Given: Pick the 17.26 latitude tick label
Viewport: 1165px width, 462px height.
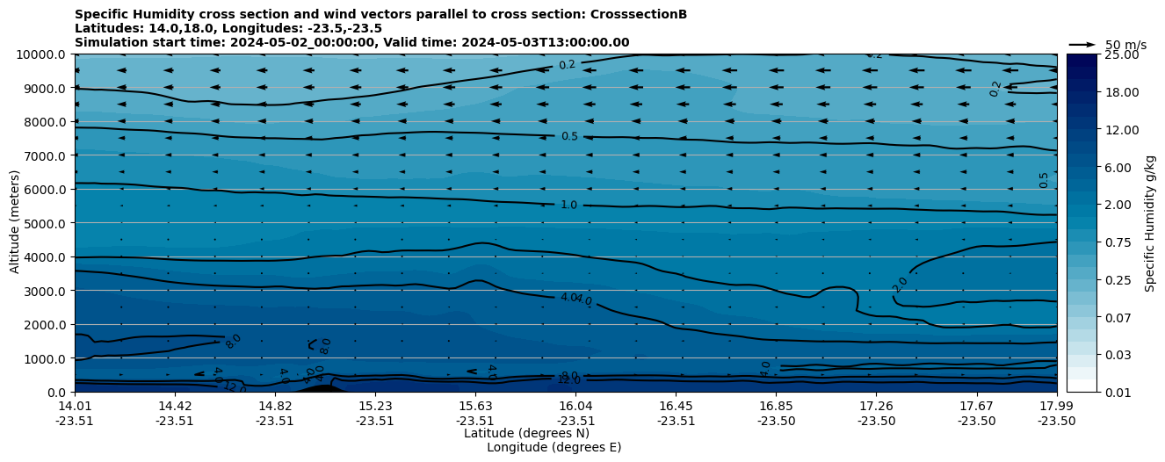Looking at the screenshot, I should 877,406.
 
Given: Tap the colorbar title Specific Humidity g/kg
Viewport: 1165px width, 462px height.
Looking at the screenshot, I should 1150,223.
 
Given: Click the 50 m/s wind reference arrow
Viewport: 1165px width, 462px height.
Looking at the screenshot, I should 1082,44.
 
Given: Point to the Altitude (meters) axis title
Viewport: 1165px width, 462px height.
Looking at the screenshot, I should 15,223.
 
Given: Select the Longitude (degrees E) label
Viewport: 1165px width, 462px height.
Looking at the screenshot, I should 554,447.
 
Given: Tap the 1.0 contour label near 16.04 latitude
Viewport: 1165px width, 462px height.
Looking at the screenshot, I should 569,205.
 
